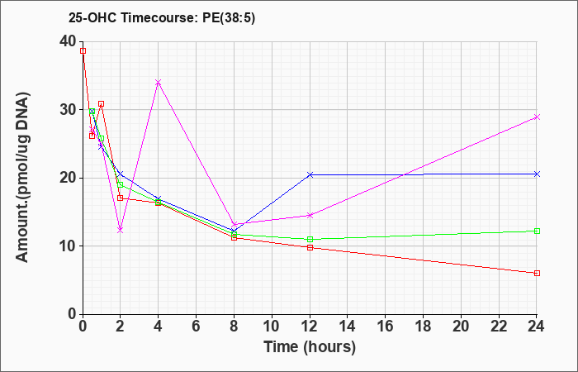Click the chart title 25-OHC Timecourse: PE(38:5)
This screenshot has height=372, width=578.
click(162, 18)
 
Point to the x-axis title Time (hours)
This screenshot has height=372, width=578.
click(310, 347)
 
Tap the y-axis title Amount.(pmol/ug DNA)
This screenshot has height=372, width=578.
click(23, 178)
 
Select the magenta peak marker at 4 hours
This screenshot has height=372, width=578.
click(159, 83)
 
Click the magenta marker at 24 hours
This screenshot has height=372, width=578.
click(537, 117)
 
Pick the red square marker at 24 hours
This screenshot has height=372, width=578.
click(537, 273)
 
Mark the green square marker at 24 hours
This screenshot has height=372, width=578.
click(537, 231)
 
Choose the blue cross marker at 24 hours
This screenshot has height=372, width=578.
click(537, 174)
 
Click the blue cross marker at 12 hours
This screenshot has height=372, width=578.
click(310, 174)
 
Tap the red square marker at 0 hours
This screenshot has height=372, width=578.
click(83, 51)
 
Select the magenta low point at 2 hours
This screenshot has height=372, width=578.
click(121, 230)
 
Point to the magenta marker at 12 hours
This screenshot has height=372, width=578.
click(310, 215)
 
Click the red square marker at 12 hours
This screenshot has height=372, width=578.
click(310, 247)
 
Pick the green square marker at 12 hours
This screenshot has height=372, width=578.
click(310, 239)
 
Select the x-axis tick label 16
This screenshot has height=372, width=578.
click(386, 326)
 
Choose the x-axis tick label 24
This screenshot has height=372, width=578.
click(536, 326)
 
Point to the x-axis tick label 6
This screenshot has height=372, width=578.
click(197, 326)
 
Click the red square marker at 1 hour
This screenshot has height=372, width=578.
click(101, 103)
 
